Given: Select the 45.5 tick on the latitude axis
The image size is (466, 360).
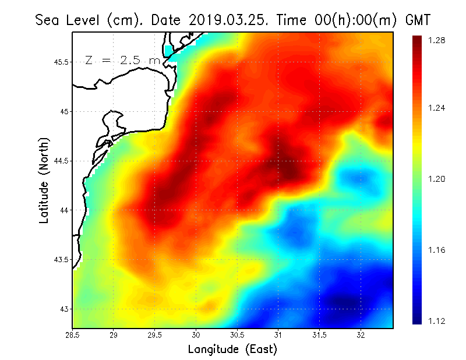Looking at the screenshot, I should pos(60,62).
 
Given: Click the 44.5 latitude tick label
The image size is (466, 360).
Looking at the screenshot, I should pos(60,161).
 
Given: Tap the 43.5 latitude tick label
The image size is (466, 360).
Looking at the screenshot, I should pos(60,259).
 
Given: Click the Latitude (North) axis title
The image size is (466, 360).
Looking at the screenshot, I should pos(44,180).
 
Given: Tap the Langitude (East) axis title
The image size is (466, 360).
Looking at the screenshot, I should pos(232,350).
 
